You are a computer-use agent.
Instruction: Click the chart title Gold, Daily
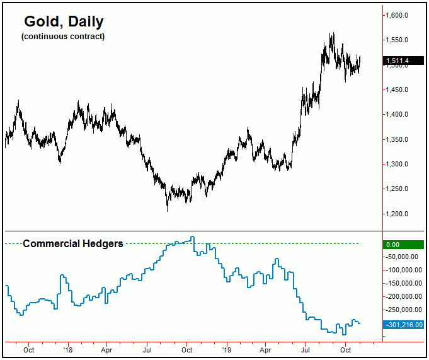pyautogui.click(x=63, y=22)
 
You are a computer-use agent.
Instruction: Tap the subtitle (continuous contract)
pyautogui.click(x=63, y=37)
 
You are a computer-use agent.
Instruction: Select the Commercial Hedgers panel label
pyautogui.click(x=72, y=243)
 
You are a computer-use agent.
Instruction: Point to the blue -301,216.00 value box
pyautogui.click(x=403, y=325)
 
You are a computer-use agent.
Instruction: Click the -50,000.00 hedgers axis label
pyautogui.click(x=403, y=257)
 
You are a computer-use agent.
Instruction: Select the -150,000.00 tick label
pyautogui.click(x=403, y=283)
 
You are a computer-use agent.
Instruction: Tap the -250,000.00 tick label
pyautogui.click(x=403, y=310)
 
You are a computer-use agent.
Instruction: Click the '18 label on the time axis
pyautogui.click(x=67, y=349)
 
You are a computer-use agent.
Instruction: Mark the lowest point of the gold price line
pyautogui.click(x=167, y=211)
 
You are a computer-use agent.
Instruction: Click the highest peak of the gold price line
pyautogui.click(x=332, y=33)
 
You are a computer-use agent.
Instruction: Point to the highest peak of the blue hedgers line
pyautogui.click(x=193, y=237)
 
